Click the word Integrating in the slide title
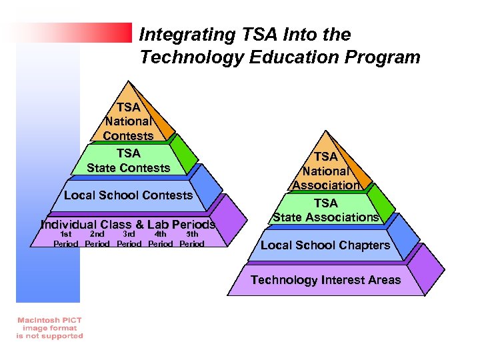click(177, 35)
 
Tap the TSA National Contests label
click(128, 121)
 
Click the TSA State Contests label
click(128, 161)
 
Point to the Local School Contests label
click(128, 195)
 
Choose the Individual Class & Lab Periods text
click(128, 225)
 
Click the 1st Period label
click(65, 239)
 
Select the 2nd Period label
click(97, 239)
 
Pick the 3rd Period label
click(129, 239)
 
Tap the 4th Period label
click(160, 239)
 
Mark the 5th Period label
click(192, 239)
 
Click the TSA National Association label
click(326, 171)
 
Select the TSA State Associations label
click(326, 210)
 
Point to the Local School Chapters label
click(325, 245)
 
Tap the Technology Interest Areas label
click(325, 280)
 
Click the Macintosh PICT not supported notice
click(49, 328)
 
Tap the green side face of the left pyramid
click(184, 153)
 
